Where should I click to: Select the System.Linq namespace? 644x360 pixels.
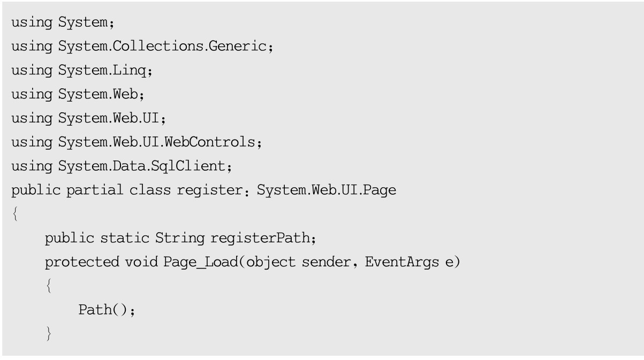tap(100, 70)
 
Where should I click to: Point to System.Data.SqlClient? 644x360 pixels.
tap(142, 166)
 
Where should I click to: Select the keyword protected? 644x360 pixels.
tap(82, 263)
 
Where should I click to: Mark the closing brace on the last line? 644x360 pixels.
tap(49, 334)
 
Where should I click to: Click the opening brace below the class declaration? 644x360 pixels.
tap(14, 215)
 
